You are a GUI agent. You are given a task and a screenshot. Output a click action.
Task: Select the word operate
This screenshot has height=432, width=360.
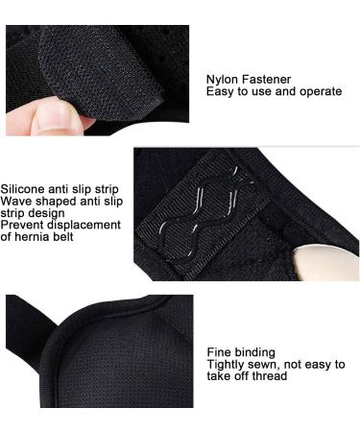click(x=317, y=92)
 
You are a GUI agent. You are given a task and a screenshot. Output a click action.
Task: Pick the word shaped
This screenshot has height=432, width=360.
click(x=60, y=202)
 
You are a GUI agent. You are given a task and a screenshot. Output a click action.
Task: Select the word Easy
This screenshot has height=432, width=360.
click(x=223, y=92)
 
